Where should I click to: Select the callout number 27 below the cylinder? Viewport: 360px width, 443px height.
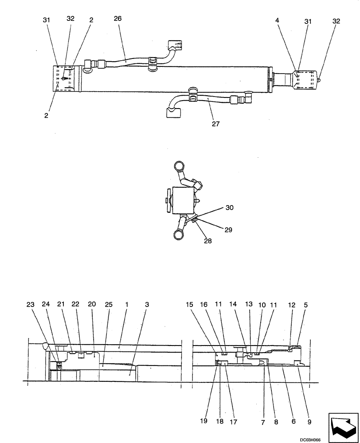pyautogui.click(x=216, y=124)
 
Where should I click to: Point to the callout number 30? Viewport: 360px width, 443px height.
pyautogui.click(x=229, y=207)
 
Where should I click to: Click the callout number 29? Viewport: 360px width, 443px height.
pyautogui.click(x=228, y=230)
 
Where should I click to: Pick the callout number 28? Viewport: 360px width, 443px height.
pyautogui.click(x=207, y=241)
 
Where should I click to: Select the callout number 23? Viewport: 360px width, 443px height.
pyautogui.click(x=30, y=305)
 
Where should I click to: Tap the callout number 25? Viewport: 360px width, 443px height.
pyautogui.click(x=109, y=305)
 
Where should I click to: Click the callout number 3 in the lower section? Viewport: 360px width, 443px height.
pyautogui.click(x=147, y=305)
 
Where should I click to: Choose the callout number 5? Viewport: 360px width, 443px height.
pyautogui.click(x=306, y=305)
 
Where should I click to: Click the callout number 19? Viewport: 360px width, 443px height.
pyautogui.click(x=203, y=421)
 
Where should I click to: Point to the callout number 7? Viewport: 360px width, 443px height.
pyautogui.click(x=263, y=422)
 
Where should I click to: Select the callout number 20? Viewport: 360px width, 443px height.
pyautogui.click(x=92, y=305)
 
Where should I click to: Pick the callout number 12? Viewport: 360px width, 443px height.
pyautogui.click(x=291, y=305)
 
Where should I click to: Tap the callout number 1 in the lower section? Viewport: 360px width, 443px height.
pyautogui.click(x=127, y=305)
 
